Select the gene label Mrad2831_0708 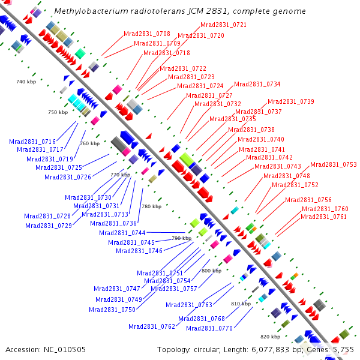point(146,34)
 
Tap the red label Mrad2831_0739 point(290,101)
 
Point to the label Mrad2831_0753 point(333,164)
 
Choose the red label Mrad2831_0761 point(323,217)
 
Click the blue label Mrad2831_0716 point(32,142)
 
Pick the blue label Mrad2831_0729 point(49,226)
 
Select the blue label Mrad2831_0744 point(122,232)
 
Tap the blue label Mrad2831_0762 point(152,326)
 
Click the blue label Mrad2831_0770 point(209,328)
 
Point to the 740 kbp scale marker point(27,82)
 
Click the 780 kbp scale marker point(151,206)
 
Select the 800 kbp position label point(212,271)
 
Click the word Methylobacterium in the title point(85,11)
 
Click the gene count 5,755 point(343,349)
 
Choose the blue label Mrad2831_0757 point(173,289)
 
